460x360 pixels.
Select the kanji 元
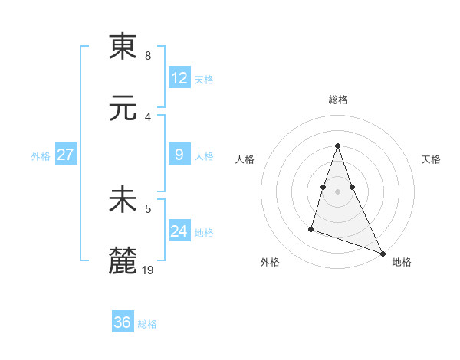pos(123,107)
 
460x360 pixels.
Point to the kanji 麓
pos(123,261)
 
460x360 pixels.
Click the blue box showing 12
pos(179,78)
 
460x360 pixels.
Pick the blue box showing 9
pos(179,155)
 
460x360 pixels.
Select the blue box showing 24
pos(179,231)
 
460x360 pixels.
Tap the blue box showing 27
pos(65,155)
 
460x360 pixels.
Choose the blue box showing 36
pos(123,322)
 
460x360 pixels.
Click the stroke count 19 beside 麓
pos(149,270)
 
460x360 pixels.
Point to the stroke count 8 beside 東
pos(147,56)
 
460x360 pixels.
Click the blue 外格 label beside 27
pos(41,156)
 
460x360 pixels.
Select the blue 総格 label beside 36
pos(147,324)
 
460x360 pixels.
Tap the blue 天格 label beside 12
pos(204,80)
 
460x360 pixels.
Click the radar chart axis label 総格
pos(338,100)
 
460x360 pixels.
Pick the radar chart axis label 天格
pos(432,159)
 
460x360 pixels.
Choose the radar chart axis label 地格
pos(402,262)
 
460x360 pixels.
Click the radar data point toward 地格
pos(382,253)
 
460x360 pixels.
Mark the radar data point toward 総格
pos(338,146)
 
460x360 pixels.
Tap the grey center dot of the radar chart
pos(338,191)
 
